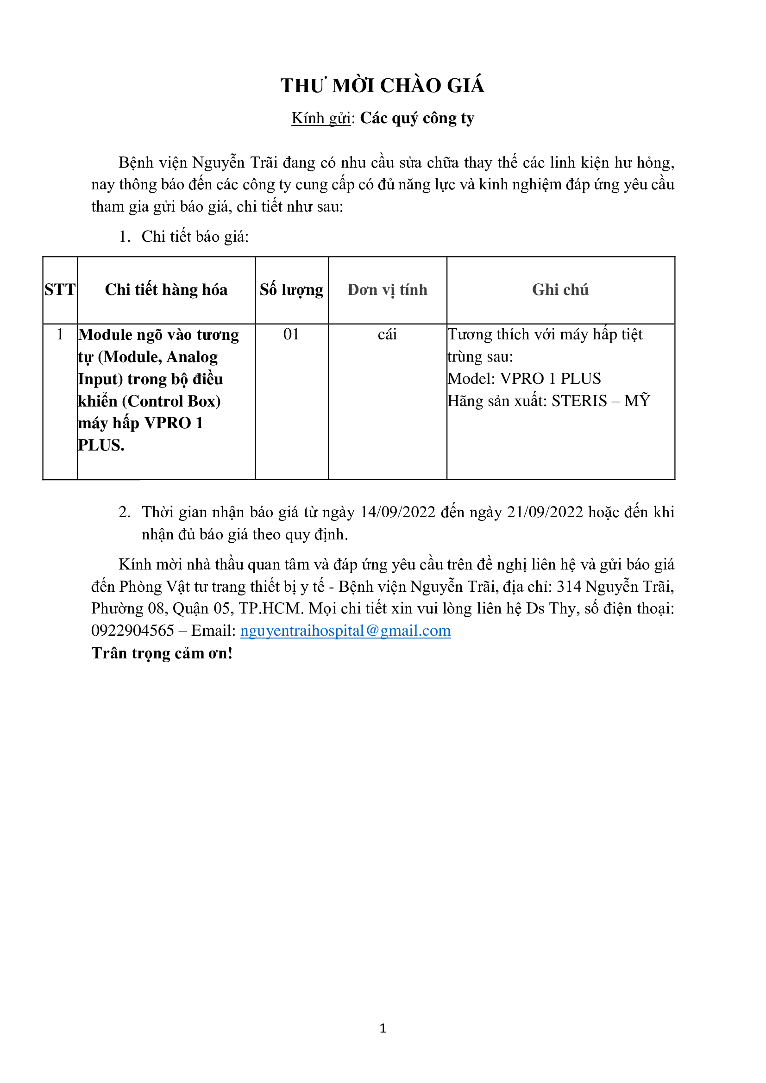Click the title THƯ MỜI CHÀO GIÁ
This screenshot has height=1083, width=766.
tap(383, 86)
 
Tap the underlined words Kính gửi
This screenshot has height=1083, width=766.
tap(321, 118)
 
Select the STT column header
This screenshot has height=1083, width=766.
tap(60, 289)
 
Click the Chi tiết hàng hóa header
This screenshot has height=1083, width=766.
tap(166, 289)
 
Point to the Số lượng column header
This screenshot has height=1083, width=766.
tap(291, 289)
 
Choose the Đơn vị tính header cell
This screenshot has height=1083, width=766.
tap(387, 289)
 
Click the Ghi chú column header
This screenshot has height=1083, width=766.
tap(560, 289)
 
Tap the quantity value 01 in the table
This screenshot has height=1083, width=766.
tap(291, 334)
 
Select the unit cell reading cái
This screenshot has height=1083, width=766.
tap(387, 334)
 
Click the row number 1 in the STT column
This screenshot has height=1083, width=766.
tap(60, 334)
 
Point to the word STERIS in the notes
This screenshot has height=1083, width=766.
tap(579, 401)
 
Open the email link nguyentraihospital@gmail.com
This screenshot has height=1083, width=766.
tap(345, 631)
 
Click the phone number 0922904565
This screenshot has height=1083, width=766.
tap(132, 631)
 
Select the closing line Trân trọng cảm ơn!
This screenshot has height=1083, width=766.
tap(162, 653)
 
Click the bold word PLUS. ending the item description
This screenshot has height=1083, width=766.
tap(101, 445)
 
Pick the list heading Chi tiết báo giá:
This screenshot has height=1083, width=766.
tap(195, 236)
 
